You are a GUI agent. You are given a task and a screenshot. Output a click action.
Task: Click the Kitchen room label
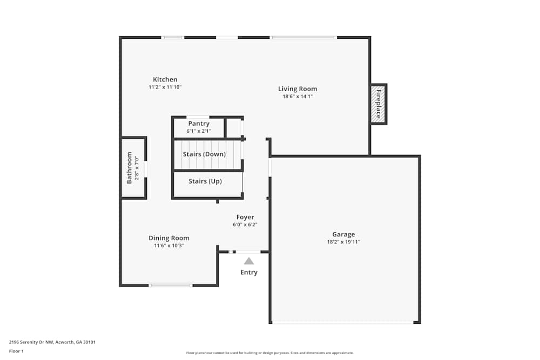(x=165, y=79)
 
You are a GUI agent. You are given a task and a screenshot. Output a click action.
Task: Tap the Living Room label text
(x=298, y=89)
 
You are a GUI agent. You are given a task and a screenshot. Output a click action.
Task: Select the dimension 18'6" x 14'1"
(x=298, y=97)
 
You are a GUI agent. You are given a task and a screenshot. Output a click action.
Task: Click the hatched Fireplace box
(x=379, y=104)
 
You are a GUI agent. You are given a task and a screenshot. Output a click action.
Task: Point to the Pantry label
(x=199, y=124)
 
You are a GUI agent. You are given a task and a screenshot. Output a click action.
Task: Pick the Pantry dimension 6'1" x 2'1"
(x=199, y=131)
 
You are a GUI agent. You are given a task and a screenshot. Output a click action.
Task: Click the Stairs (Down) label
(x=204, y=154)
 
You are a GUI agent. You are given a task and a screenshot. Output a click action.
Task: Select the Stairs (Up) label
(x=205, y=181)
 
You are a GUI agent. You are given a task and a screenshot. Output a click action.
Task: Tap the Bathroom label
(x=130, y=168)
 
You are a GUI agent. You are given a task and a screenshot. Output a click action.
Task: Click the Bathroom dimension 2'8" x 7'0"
(x=137, y=168)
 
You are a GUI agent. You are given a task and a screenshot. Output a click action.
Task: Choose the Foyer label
(x=245, y=217)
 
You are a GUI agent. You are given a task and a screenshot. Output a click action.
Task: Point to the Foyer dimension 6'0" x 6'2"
(x=245, y=225)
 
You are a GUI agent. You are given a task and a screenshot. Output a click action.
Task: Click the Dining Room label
(x=169, y=238)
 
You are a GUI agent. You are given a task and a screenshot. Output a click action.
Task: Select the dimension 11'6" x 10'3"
(x=169, y=246)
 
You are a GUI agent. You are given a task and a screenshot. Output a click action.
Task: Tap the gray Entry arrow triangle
(x=248, y=261)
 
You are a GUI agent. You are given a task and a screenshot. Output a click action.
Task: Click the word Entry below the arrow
(x=249, y=273)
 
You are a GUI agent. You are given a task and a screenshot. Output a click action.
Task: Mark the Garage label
(x=343, y=234)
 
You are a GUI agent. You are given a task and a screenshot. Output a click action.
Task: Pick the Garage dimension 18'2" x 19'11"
(x=343, y=242)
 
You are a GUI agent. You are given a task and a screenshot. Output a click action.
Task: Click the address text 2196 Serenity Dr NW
(x=32, y=342)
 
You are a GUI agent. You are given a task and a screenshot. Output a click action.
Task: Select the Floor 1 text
(x=16, y=351)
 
